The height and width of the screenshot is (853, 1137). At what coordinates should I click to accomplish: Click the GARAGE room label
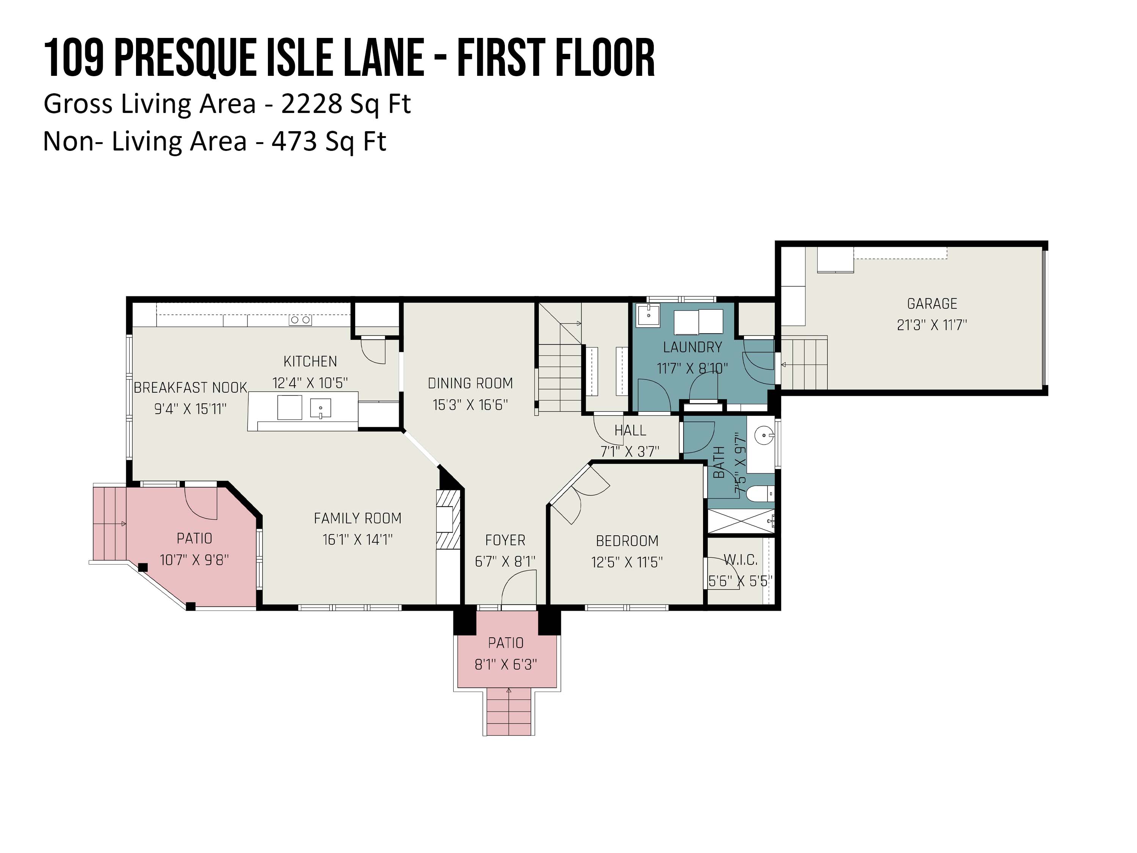932,304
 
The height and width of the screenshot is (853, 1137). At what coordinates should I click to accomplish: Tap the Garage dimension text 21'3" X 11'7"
932,325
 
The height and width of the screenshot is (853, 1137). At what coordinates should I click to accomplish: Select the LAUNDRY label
692,348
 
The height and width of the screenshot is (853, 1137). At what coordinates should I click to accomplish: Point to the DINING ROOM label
470,384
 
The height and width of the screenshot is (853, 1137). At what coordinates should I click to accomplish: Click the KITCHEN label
310,361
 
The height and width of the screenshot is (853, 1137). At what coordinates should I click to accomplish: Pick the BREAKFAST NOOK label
191,388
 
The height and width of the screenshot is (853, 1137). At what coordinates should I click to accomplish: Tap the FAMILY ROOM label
358,518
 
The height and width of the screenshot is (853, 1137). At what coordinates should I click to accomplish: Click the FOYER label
505,540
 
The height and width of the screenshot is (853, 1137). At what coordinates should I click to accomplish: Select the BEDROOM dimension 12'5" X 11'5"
627,563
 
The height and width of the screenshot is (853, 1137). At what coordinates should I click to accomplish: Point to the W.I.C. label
741,560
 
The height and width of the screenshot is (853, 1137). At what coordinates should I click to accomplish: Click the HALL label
630,430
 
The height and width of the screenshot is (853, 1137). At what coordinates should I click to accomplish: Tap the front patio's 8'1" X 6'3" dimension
506,665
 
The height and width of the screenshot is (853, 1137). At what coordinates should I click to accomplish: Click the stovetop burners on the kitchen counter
301,320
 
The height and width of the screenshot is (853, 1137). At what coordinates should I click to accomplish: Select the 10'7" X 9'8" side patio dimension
194,560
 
